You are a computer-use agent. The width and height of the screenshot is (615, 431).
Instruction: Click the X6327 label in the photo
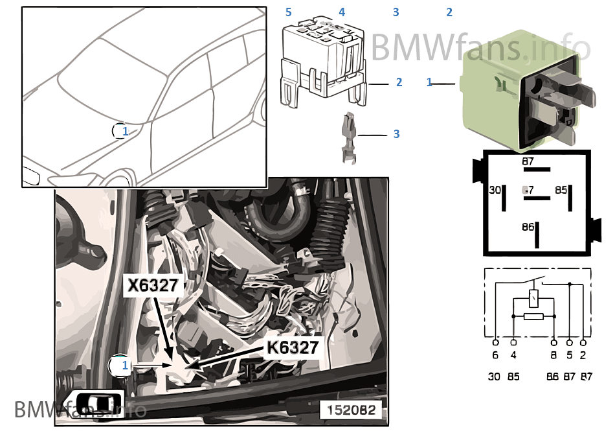[x=153, y=286]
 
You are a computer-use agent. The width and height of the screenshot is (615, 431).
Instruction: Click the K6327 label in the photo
[x=293, y=347]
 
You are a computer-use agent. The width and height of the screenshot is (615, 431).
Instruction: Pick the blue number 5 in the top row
[x=289, y=12]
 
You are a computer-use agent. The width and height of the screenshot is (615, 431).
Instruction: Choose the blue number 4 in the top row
[x=342, y=12]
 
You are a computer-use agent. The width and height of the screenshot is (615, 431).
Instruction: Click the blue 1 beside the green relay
[x=429, y=82]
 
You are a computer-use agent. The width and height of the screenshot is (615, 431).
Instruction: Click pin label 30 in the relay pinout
[x=495, y=190]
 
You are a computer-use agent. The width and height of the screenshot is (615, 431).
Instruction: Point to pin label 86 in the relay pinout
[x=528, y=227]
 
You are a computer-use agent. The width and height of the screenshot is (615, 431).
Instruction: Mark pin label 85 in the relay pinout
[x=561, y=190]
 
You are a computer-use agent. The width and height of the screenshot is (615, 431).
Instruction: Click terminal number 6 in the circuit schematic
[x=495, y=355]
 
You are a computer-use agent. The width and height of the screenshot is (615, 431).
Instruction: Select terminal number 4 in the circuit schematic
[x=513, y=355]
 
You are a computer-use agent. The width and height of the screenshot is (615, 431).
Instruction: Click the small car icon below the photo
[x=91, y=402]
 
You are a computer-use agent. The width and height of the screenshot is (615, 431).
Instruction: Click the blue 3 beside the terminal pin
[x=396, y=134]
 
